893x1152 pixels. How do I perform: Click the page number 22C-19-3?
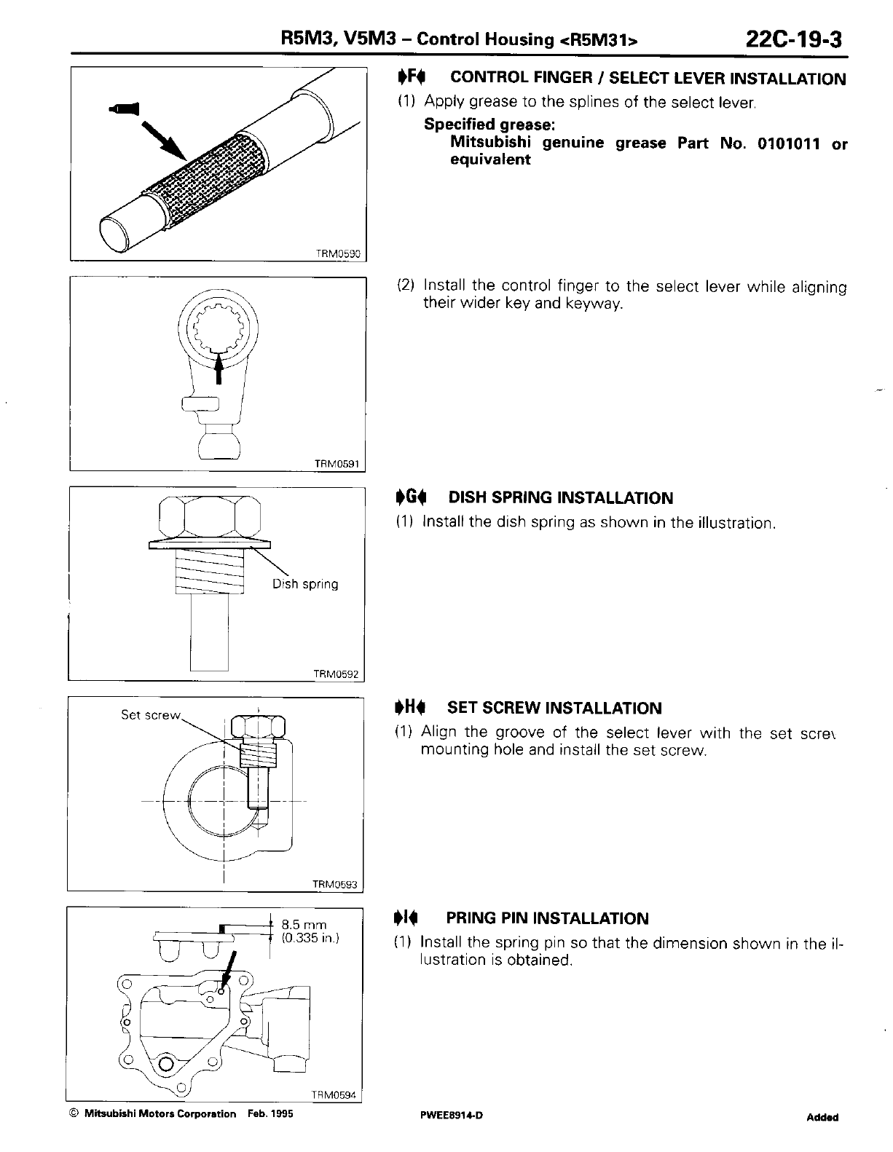click(x=793, y=38)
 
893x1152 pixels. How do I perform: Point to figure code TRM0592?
click(x=337, y=674)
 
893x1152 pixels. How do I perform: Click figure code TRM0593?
click(x=335, y=885)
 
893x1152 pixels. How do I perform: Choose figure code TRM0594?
click(x=335, y=1094)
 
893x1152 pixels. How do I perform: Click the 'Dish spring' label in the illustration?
click(x=305, y=584)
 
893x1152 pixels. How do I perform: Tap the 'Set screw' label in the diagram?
click(x=150, y=715)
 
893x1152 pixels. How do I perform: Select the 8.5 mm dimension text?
click(x=304, y=926)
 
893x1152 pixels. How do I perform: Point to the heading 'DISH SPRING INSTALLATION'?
click(x=561, y=498)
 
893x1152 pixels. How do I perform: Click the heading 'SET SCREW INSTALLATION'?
click(x=554, y=708)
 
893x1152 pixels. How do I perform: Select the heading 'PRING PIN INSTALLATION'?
click(x=547, y=918)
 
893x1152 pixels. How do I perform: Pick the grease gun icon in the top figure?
click(x=123, y=109)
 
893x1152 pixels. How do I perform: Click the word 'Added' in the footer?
click(x=822, y=1117)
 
